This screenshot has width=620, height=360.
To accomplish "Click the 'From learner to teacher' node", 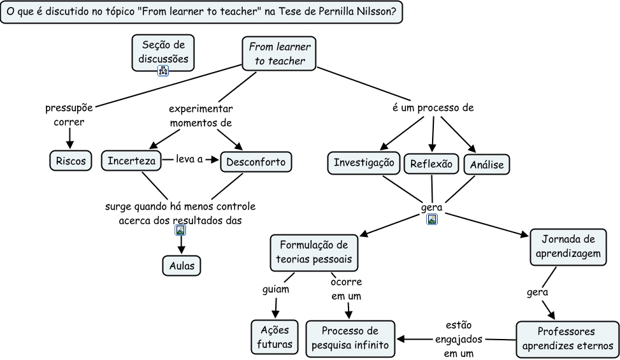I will tap(279, 54).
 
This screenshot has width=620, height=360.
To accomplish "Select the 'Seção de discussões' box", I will tap(163, 51).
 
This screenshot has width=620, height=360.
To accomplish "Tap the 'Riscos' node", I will tap(70, 161).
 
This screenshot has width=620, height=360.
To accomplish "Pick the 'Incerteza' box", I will tap(131, 161).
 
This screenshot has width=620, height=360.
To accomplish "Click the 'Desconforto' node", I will tap(256, 161).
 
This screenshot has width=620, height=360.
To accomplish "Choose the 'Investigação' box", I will tap(364, 162).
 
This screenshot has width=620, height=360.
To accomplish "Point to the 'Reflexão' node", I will tap(431, 163).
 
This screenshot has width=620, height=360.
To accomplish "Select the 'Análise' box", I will tap(487, 165).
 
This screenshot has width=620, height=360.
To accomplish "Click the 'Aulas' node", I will tap(181, 264).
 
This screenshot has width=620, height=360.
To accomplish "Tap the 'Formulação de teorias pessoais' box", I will tap(314, 252).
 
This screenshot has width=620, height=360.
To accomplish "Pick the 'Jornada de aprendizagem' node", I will tap(568, 246).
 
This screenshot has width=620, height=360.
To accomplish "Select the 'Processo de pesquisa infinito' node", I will tap(349, 338).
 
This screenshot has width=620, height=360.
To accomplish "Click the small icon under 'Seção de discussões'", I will tap(163, 71).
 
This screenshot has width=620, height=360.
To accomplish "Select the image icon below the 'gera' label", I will tap(432, 220).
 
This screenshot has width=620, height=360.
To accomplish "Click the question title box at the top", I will tap(202, 12).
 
